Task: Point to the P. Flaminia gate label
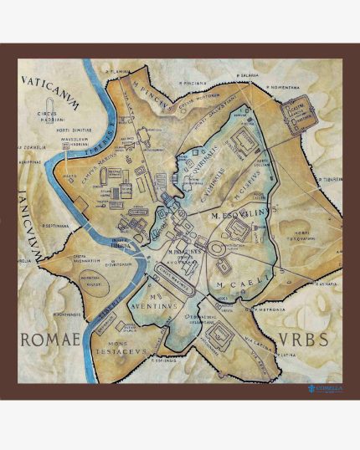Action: [120, 74]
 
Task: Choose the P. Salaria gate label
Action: [245, 75]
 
